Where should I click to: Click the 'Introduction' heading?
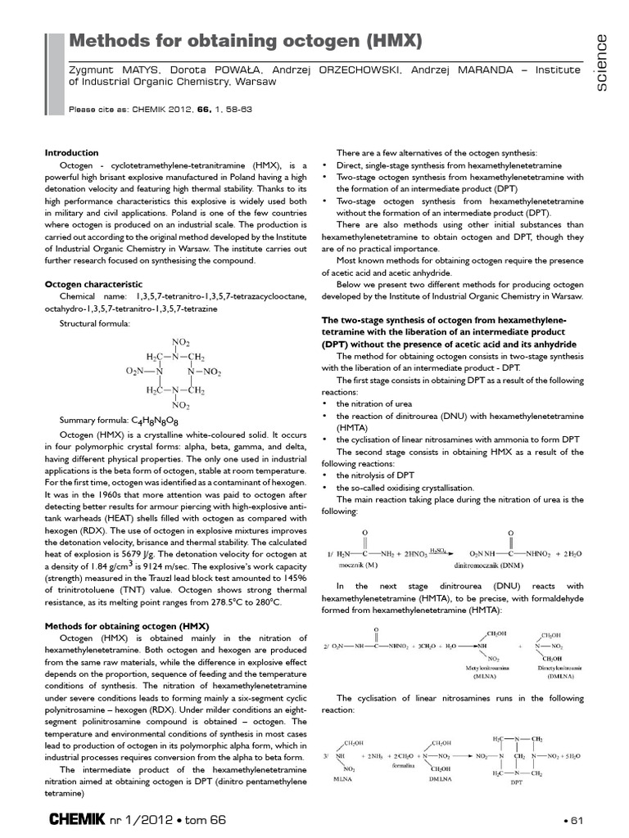pos(71,152)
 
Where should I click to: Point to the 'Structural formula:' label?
pos(95,323)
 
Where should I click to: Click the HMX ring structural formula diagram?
pos(173,372)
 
